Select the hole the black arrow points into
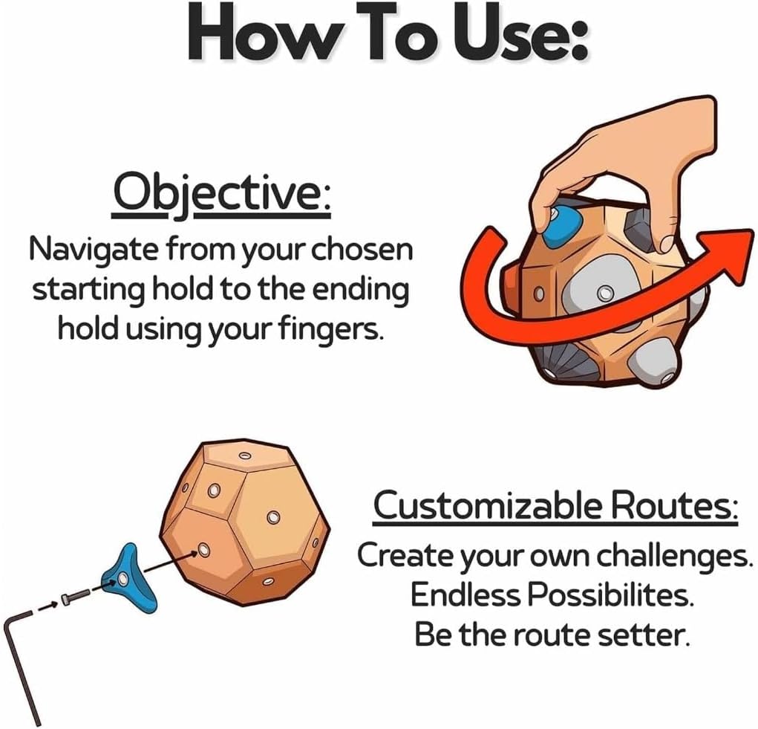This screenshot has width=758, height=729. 203,550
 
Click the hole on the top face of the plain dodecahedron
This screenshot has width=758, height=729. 244,455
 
